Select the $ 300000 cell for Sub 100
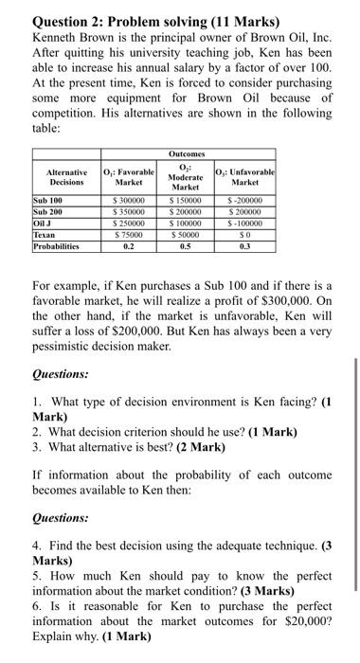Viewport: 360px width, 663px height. [x=128, y=201]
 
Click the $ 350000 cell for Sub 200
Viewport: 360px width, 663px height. [x=128, y=211]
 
